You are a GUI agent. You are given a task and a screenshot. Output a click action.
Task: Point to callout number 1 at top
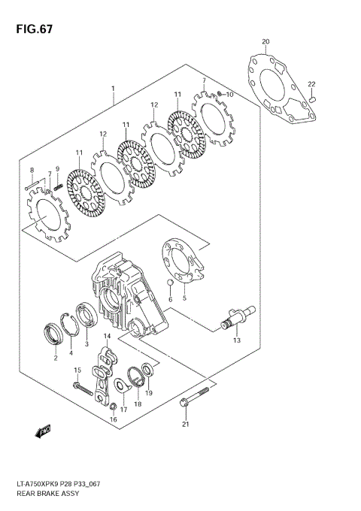[x=112, y=88]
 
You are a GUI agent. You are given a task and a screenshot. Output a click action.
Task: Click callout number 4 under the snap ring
[x=71, y=352]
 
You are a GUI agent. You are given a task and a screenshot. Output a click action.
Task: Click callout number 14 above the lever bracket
[x=107, y=335]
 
